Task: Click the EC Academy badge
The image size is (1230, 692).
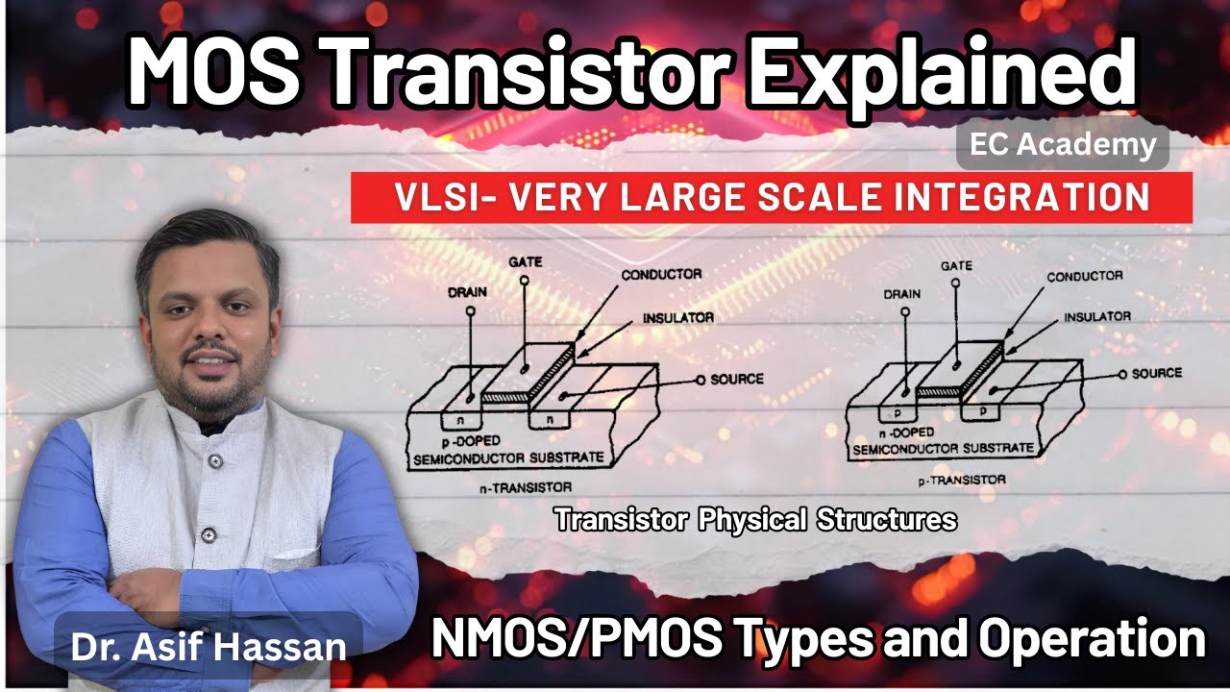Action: pos(1063,146)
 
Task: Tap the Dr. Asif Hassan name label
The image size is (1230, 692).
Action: pos(208,645)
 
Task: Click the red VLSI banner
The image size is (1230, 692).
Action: pos(771,198)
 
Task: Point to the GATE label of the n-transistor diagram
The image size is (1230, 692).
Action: pos(524,261)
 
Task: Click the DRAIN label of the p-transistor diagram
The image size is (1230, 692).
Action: pos(900,293)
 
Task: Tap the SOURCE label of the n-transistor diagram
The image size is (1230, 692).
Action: pos(737,379)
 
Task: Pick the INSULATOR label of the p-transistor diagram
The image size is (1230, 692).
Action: pos(1096,316)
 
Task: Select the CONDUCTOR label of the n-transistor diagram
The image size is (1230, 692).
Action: pos(661,274)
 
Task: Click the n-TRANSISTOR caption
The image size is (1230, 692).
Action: pos(526,487)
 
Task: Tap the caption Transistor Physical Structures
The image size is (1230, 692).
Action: pos(755,520)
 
